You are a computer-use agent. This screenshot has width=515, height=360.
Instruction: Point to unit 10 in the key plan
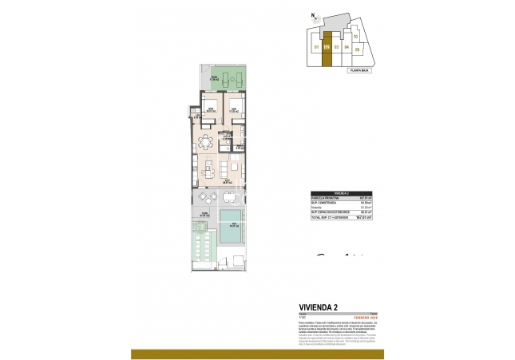(x=355, y=37)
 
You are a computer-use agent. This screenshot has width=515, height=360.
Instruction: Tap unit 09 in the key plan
(x=357, y=49)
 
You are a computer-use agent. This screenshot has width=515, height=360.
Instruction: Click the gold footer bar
(x=257, y=354)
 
